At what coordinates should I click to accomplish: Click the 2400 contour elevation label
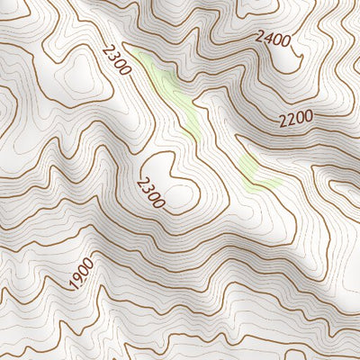tap(272, 38)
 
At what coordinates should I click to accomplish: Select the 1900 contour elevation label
tap(81, 274)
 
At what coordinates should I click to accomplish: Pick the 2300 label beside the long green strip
tap(117, 60)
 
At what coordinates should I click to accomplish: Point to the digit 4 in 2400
tap(267, 37)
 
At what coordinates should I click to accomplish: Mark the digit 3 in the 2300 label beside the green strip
tap(114, 57)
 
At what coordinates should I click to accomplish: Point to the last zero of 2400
tap(285, 40)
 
